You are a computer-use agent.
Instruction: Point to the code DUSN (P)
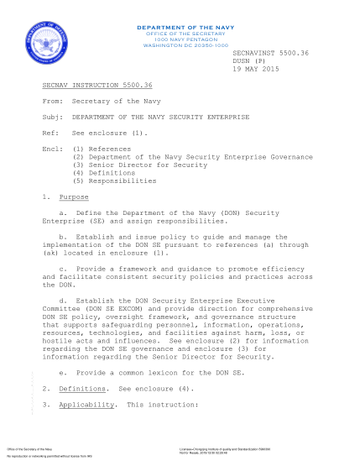248,60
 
